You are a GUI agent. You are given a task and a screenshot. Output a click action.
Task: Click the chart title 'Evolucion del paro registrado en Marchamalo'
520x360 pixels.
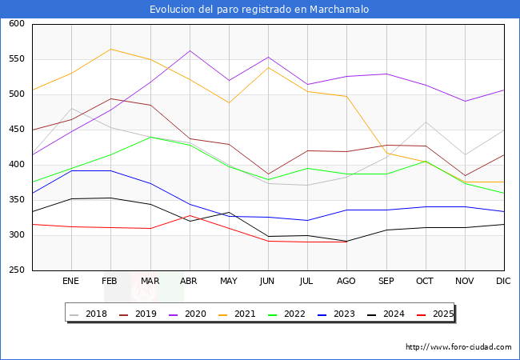coord(260,10)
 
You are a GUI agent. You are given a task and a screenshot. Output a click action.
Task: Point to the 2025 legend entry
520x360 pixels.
coord(441,314)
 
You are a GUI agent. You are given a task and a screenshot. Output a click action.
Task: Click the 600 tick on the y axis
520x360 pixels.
coord(17,24)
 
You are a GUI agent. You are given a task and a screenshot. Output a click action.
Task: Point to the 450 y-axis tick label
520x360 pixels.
coord(17,130)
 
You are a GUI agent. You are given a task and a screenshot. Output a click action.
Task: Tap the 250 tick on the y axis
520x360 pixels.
coord(17,270)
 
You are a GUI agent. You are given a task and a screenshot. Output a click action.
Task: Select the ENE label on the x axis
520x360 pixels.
coord(71,282)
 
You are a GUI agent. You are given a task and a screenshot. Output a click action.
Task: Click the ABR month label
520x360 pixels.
coord(190,282)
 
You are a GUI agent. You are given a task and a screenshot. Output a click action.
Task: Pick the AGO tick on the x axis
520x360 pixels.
coord(347,282)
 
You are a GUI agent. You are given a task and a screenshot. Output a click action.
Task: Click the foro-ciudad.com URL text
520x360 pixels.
coord(458,347)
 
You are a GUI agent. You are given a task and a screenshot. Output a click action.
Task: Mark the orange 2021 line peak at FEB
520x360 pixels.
coord(110,49)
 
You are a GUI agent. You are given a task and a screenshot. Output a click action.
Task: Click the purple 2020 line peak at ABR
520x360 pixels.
coord(190,50)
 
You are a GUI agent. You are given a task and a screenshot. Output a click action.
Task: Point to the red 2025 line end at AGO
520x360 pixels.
coord(347,242)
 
